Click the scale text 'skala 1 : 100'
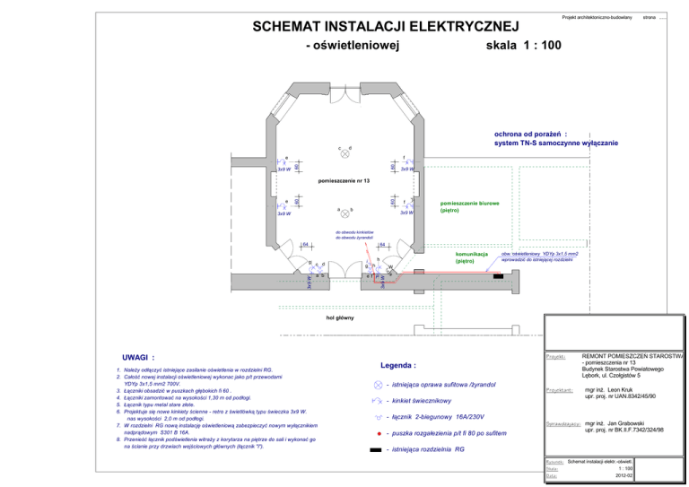click(523, 45)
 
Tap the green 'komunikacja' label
click(471, 255)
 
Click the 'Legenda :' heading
click(398, 366)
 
